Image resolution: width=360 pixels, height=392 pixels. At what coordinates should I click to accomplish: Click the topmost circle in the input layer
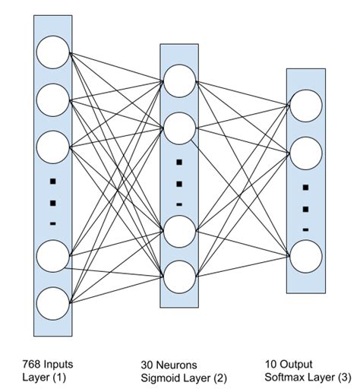pos(52,54)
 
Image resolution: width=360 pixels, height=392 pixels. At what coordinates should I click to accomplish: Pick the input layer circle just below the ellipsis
pos(52,258)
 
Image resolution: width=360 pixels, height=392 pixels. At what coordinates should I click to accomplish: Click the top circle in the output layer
pos(306,106)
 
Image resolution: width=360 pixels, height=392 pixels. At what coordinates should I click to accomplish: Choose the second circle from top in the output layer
pos(306,153)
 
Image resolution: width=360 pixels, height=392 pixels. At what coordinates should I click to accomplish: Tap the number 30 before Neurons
pos(148,363)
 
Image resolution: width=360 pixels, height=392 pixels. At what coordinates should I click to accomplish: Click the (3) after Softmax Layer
pos(344,378)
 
